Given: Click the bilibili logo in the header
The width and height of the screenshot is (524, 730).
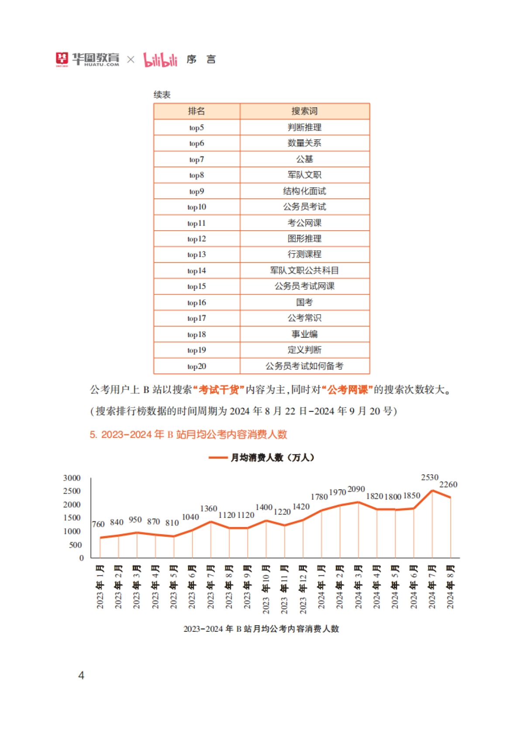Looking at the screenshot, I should [160, 60].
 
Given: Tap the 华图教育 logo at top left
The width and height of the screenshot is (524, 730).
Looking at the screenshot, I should [87, 59].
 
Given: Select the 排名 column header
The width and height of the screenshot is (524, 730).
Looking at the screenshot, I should [196, 111].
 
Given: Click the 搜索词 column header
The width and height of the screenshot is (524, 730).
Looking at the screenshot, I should [304, 111].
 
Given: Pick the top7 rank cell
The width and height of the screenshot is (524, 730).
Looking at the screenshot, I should [196, 160].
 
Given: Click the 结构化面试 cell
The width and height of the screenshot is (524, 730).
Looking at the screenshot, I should [304, 191].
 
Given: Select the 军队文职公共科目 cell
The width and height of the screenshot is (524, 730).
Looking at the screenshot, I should [304, 271].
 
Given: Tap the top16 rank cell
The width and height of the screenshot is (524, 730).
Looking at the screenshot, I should [196, 302].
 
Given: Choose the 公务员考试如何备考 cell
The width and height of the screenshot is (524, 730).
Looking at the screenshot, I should [304, 366].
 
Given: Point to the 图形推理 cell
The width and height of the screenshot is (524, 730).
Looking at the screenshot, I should [304, 239].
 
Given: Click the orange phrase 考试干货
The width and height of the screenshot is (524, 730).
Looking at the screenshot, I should [218, 390].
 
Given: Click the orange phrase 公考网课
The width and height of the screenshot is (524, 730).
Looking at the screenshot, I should [348, 390].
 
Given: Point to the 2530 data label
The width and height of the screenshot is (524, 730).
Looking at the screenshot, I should [429, 477].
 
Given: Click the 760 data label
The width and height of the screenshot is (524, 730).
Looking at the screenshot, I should [98, 524].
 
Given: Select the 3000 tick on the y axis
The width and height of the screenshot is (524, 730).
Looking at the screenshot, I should [72, 478].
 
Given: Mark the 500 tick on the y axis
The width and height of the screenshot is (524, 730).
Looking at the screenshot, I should [75, 545].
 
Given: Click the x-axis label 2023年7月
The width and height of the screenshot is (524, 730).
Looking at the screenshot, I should [211, 586].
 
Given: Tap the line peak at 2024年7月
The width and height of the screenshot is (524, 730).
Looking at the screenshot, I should [432, 491].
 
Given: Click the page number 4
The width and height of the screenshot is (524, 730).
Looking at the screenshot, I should [81, 675].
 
